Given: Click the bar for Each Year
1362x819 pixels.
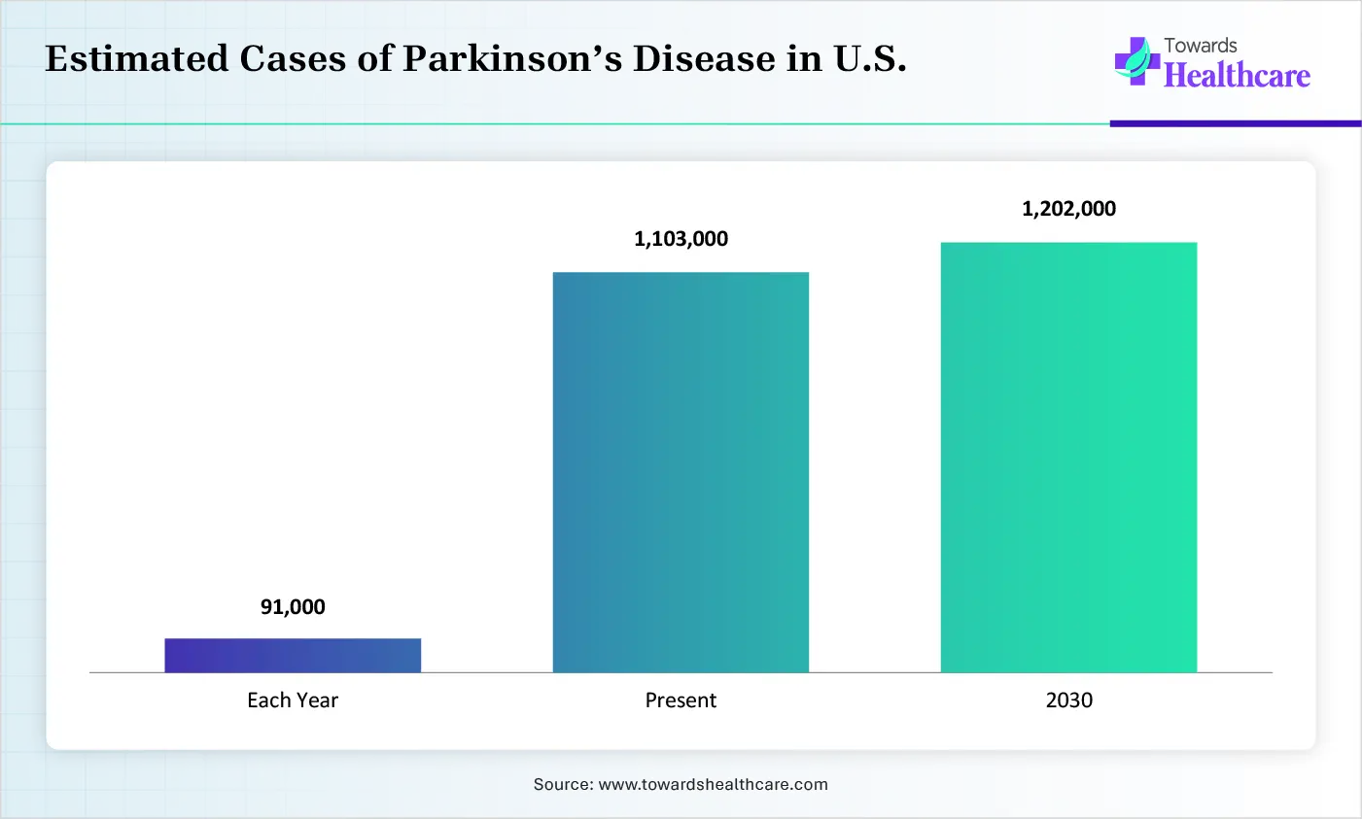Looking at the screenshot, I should (293, 655).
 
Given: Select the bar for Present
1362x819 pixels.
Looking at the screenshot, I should (681, 472).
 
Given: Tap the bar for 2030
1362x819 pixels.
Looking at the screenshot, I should (1068, 457).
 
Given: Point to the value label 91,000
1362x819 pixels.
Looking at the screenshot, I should (293, 607).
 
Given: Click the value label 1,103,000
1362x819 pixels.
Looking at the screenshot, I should (681, 239).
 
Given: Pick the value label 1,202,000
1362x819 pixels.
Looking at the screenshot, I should (1068, 209).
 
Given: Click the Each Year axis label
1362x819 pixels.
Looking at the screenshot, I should (293, 700).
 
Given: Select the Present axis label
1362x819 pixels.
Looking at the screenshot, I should (681, 700).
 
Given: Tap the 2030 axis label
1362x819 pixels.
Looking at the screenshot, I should (1068, 700).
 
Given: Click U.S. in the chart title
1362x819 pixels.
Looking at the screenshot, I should (870, 59).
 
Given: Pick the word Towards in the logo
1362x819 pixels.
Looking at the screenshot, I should (1201, 46).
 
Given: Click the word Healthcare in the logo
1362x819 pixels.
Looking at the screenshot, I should (1237, 76).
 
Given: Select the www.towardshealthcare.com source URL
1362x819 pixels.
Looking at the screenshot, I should (713, 784).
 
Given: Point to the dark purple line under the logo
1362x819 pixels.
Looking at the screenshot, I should (1235, 123).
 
